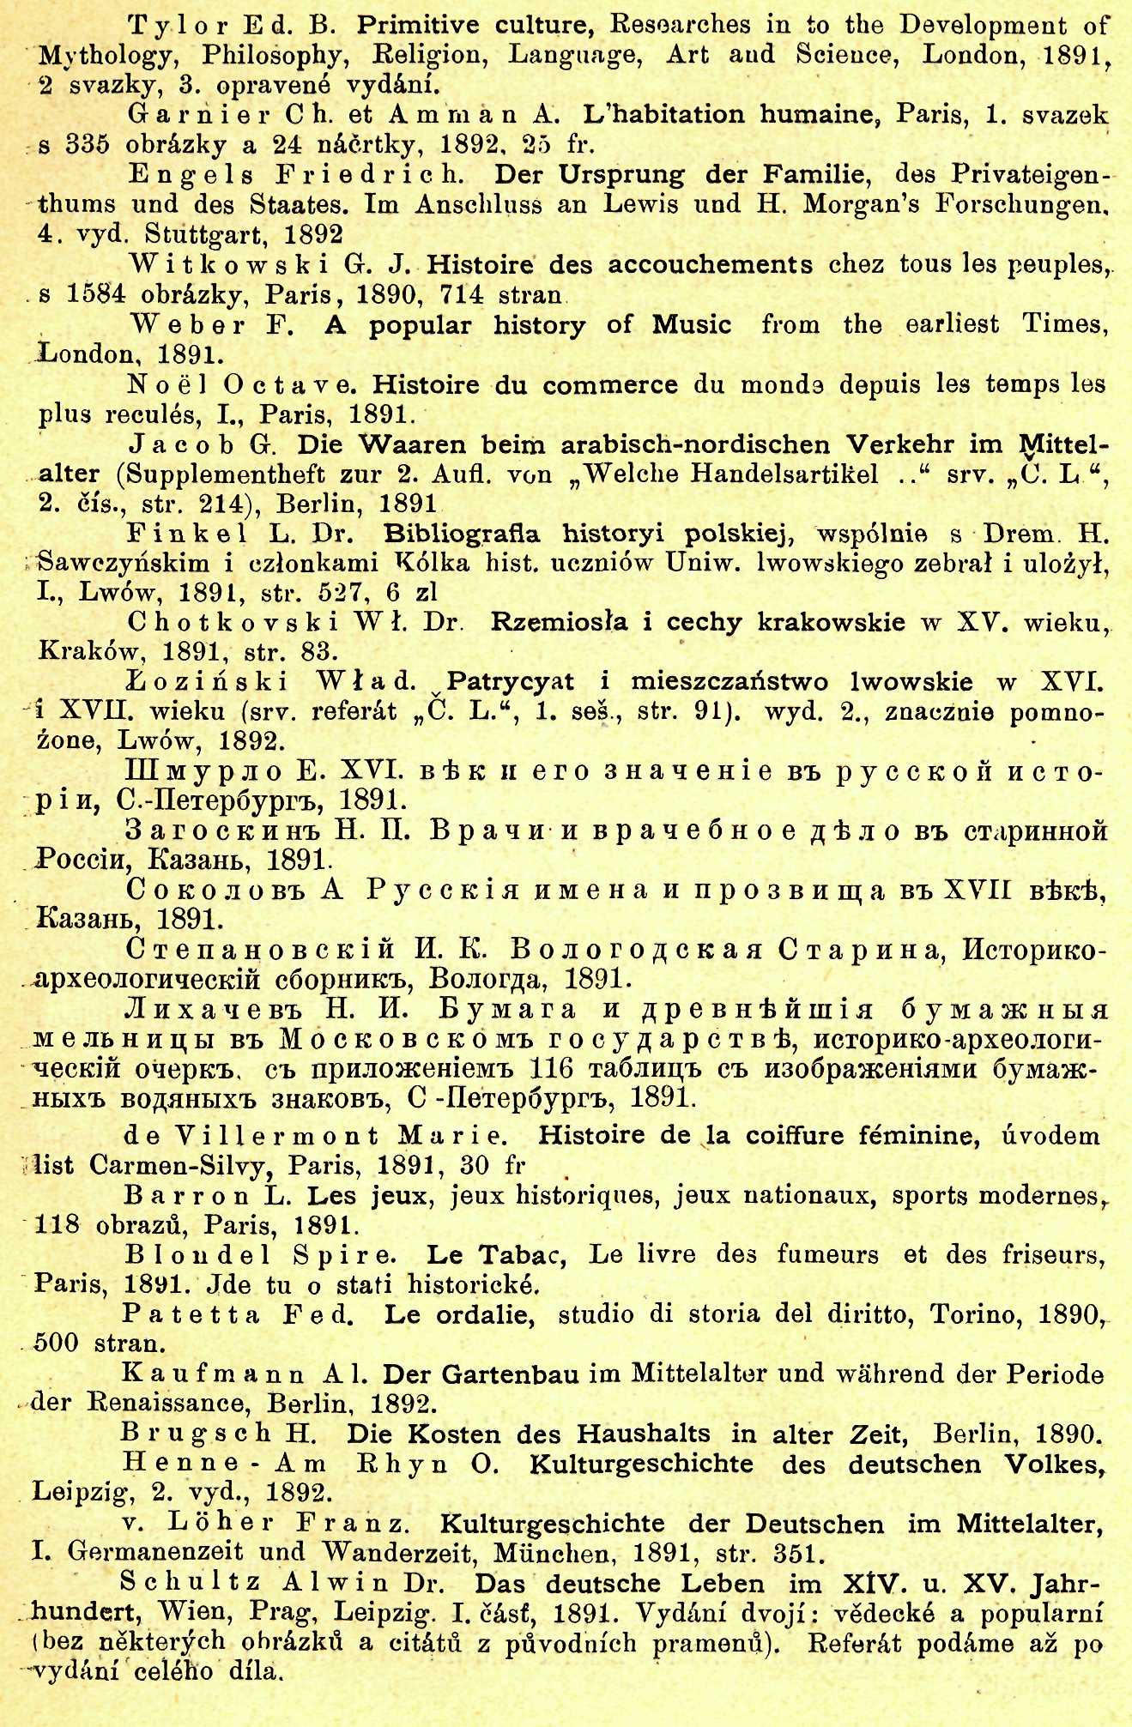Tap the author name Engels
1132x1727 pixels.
pos(191,175)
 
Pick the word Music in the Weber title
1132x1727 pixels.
pos(692,325)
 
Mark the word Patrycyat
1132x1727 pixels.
pos(511,681)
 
